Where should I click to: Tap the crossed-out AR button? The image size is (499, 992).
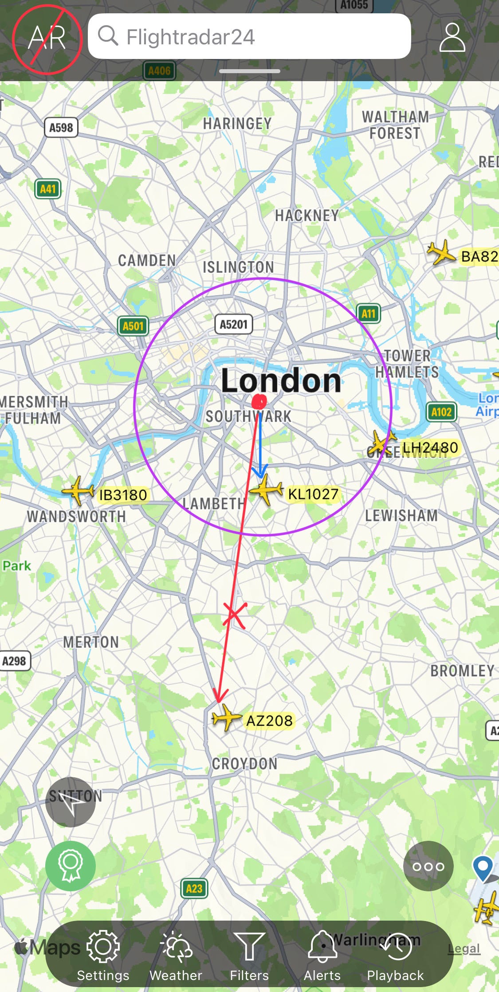pos(47,39)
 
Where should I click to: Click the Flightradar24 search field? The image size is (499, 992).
pos(249,36)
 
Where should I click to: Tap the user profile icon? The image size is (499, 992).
pos(452,38)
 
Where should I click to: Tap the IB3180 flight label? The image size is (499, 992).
pos(123,495)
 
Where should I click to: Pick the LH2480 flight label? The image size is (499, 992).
pos(430,447)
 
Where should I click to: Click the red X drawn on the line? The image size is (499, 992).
pos(234,615)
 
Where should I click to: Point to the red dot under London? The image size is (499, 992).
pos(259,402)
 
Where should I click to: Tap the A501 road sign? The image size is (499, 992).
pos(133,326)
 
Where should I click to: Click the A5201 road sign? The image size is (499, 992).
pos(233,324)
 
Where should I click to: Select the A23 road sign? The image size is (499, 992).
pos(194,888)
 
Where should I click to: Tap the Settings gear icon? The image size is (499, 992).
pos(103,946)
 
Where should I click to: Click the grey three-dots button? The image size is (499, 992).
pos(428,866)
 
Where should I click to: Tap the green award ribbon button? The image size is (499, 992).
pos(71,866)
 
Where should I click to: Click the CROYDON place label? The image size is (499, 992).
pos(244,764)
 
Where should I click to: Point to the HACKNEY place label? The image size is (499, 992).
pos(307,216)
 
